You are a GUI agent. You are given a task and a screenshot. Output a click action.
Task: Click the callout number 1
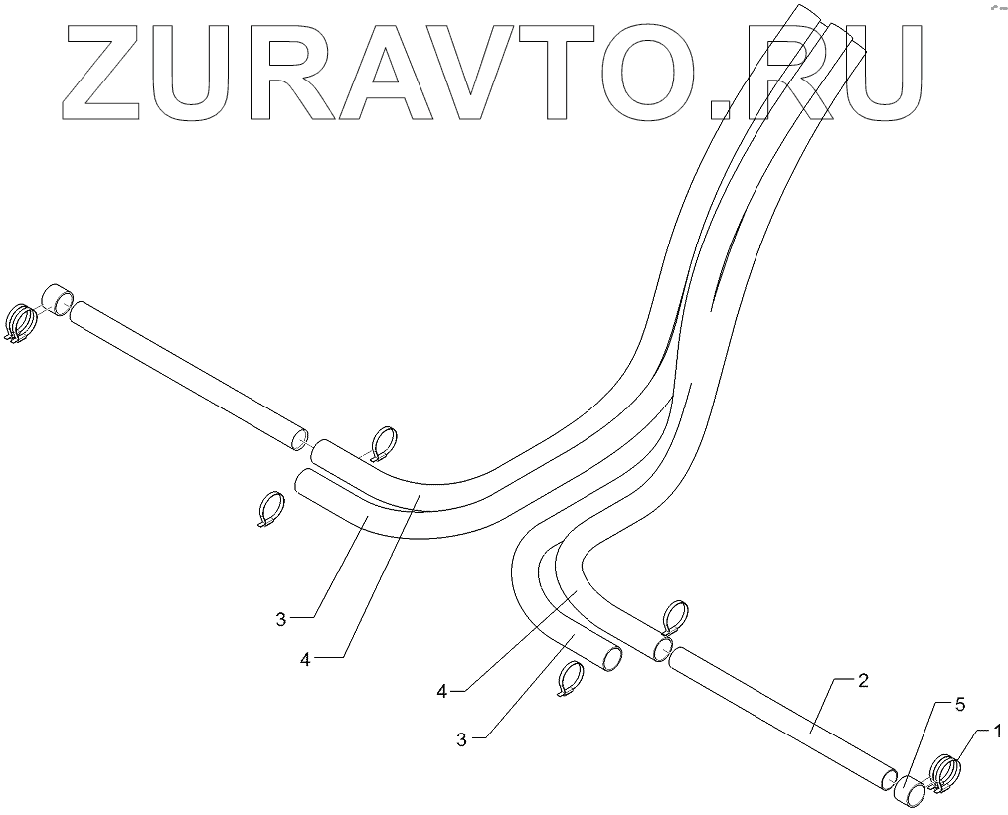(x=995, y=733)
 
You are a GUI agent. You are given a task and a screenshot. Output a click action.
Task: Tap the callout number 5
(x=960, y=704)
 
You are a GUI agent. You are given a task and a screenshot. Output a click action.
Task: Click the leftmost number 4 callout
(x=306, y=658)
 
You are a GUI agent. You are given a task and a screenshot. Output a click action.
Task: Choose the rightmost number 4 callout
(x=440, y=688)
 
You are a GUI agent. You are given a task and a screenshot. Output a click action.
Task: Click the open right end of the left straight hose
(x=297, y=440)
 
